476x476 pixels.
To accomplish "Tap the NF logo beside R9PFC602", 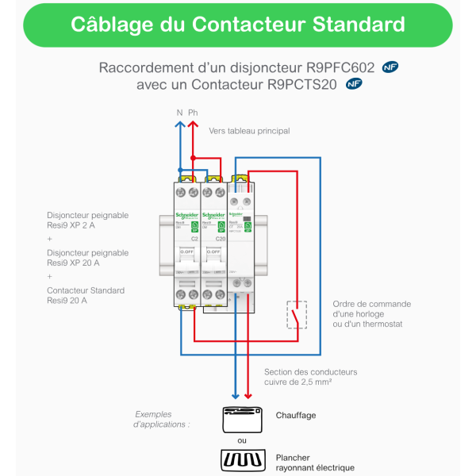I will pos(390,67).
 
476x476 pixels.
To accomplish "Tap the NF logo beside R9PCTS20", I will pos(355,83).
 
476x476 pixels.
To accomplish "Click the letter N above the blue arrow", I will pos(179,113).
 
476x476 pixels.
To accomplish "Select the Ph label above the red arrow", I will pos(193,113).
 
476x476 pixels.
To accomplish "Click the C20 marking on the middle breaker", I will pos(221,238).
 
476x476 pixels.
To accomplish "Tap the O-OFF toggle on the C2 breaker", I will pos(188,251).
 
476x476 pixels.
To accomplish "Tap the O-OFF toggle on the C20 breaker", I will pos(213,251).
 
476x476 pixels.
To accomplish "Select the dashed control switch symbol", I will pos(297,314).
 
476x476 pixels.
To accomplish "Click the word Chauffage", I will pos(295,415).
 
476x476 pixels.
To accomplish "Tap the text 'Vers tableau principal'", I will pos(249,131).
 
